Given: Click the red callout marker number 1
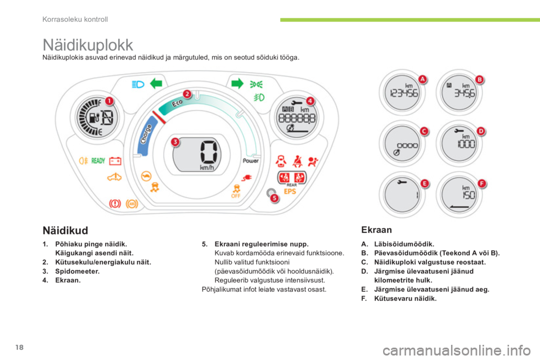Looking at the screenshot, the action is coord(109,101).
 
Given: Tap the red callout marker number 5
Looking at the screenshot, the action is coord(274,198).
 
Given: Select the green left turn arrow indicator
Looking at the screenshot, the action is coord(156,83).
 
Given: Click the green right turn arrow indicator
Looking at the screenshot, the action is coord(237,83).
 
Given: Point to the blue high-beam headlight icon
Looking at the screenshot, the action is coord(138,84).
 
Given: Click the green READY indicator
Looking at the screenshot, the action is coord(98,160).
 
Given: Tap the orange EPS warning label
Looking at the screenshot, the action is coord(290,191).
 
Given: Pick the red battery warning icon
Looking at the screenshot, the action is coord(115,161).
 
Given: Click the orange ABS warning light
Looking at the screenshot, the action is coord(132,204).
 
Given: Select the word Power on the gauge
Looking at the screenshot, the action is coord(250,161).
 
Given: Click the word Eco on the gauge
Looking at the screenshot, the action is coord(177,103).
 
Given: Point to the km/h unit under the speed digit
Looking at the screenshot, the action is coord(207,168).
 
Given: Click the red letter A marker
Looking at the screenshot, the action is coord(422,79).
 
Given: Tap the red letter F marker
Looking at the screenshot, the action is coord(482,183).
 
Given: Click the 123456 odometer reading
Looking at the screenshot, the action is coord(404,93).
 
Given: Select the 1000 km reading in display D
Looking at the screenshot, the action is coord(466,143).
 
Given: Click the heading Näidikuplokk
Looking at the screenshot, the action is coord(88,45).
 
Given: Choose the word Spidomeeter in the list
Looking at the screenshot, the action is coord(77,271).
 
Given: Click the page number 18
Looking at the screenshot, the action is coord(19,347).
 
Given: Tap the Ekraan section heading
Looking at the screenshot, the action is coord(376,229).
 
